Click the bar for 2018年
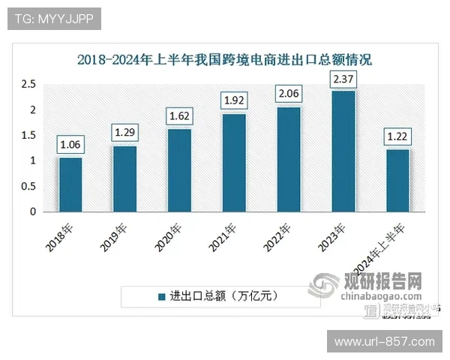click(x=70, y=184)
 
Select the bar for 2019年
click(x=125, y=178)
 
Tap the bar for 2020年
click(x=179, y=170)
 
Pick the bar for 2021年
click(x=234, y=163)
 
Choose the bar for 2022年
click(x=288, y=159)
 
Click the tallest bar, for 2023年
click(x=343, y=151)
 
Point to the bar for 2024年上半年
click(x=397, y=180)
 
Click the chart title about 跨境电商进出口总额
click(x=225, y=59)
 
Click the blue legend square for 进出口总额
click(x=160, y=295)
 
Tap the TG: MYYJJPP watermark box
click(x=54, y=19)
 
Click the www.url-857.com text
click(x=384, y=342)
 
